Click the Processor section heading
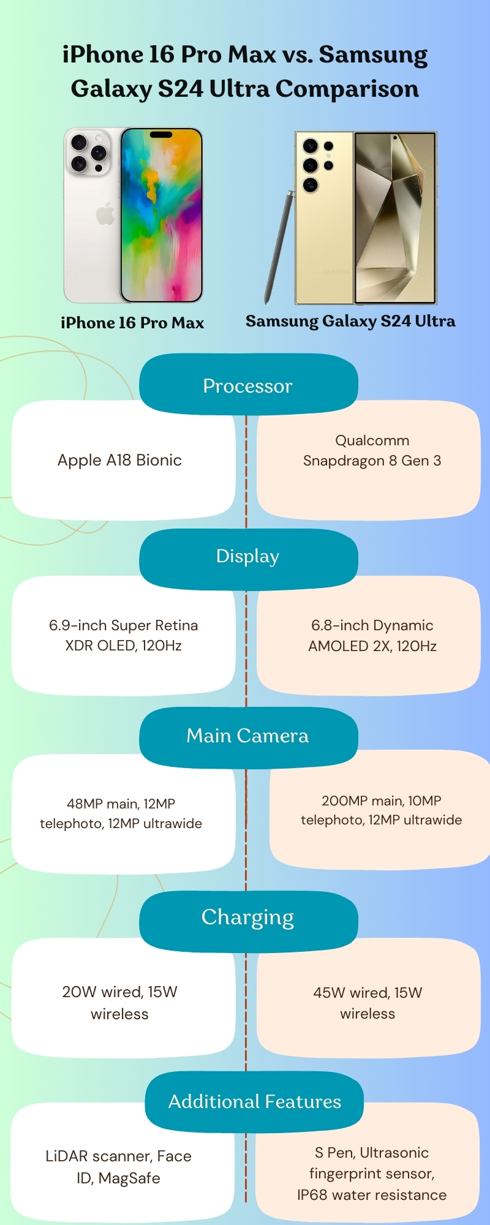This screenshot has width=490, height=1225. tap(247, 386)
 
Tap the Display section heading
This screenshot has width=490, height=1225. tap(247, 556)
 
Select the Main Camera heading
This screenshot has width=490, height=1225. tap(247, 736)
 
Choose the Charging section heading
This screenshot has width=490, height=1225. tap(247, 918)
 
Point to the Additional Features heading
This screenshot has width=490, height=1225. tap(254, 1102)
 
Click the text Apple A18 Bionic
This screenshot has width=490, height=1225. tap(119, 460)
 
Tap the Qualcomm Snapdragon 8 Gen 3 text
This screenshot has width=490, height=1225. tap(372, 451)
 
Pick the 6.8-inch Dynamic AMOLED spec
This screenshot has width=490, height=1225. tap(372, 636)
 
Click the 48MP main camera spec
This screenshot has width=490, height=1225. tap(121, 813)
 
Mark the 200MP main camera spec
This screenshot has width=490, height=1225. tap(381, 810)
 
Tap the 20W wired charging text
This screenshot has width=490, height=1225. tap(119, 1003)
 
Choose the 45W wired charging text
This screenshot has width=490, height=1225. tap(367, 1003)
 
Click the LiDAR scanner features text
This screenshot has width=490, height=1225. tap(118, 1167)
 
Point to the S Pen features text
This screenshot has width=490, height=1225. tap(371, 1174)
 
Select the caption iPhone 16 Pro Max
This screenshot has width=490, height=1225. tap(132, 323)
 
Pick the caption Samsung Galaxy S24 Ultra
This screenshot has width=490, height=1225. tap(350, 321)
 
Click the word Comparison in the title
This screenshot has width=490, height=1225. tap(347, 89)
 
